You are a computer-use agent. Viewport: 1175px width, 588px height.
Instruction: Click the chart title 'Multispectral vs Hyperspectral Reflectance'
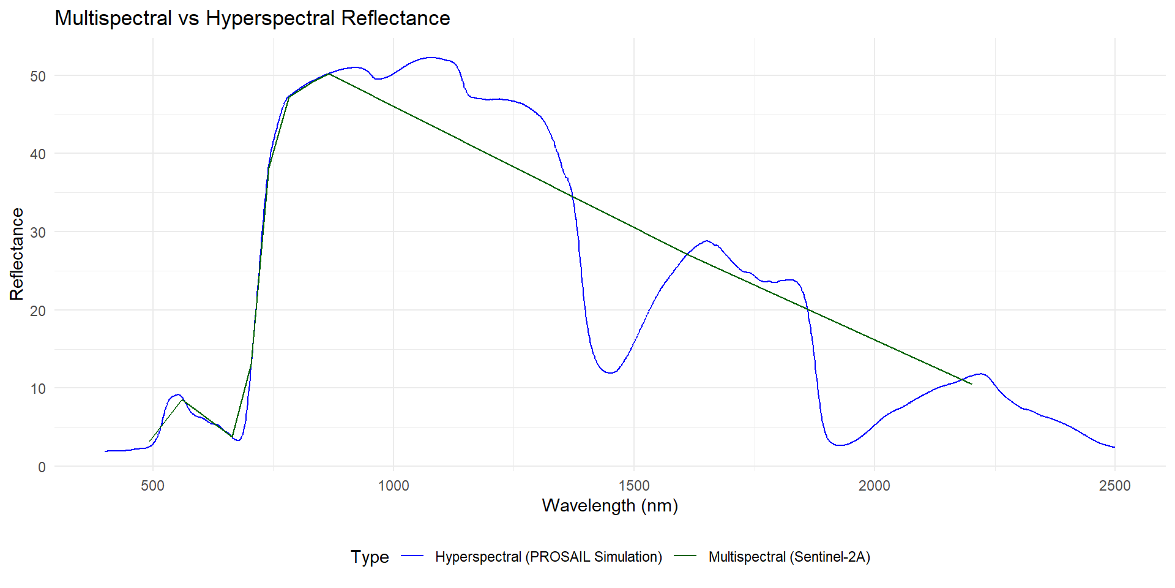[252, 18]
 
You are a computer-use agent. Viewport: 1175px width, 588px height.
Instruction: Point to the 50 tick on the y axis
[38, 77]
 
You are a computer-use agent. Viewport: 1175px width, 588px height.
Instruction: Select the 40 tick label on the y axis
[38, 154]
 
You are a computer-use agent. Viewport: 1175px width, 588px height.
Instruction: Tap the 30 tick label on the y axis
[38, 233]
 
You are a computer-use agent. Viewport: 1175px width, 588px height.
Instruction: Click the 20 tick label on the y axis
[38, 311]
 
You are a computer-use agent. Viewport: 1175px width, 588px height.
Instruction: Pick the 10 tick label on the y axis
[38, 389]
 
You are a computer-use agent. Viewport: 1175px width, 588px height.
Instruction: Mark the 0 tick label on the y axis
[42, 467]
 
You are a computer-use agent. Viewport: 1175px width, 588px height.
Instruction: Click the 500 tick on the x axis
[152, 486]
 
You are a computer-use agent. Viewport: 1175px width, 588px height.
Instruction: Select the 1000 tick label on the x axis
[393, 486]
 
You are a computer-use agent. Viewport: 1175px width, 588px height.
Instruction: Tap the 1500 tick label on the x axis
[634, 486]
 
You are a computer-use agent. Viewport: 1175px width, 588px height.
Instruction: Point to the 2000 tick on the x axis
[875, 486]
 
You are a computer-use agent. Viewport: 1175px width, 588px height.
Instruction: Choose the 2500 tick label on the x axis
[1115, 486]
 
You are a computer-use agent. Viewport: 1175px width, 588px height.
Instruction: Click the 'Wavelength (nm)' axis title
[610, 506]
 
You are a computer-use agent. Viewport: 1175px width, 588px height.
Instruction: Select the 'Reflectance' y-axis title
[17, 254]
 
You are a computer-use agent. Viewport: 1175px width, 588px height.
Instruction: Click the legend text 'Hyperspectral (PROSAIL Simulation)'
[548, 557]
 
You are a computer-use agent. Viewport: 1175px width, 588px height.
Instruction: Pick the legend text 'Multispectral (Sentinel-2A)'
[789, 557]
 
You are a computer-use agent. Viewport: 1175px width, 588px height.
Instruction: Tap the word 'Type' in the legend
[370, 557]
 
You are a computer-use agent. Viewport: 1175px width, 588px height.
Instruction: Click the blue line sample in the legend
[412, 556]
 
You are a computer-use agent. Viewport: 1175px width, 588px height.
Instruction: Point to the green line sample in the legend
[685, 556]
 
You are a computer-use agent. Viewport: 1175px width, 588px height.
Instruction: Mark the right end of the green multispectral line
[971, 384]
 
